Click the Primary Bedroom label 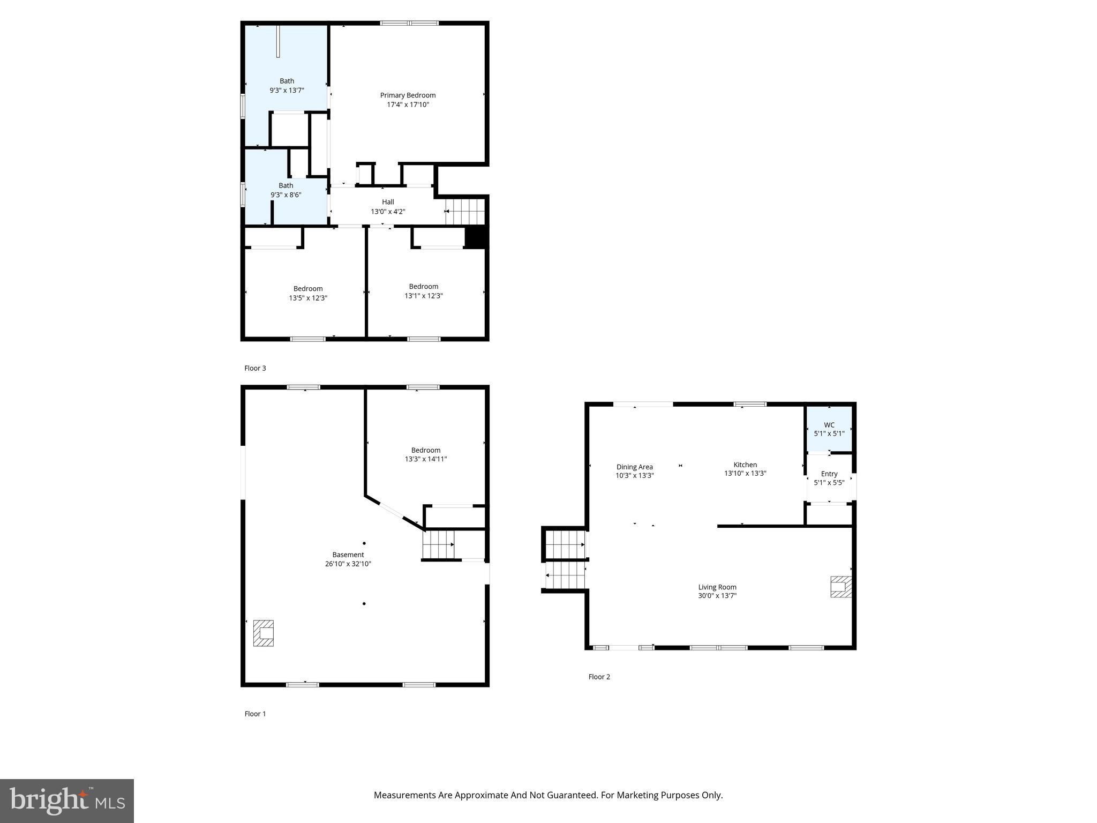point(408,95)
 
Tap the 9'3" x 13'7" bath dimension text point(287,91)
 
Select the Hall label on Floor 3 point(388,202)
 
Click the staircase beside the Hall point(465,211)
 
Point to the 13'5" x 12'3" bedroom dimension point(308,298)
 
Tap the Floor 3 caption point(255,368)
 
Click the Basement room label point(348,555)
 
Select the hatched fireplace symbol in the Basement point(263,633)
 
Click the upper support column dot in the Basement point(364,543)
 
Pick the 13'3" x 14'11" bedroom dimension point(426,459)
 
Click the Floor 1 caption point(255,714)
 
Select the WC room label point(829,425)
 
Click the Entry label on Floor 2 point(829,474)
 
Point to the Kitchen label point(745,465)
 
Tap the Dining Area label point(634,467)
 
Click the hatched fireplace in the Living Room point(840,586)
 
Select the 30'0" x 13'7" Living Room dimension point(717,595)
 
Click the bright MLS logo point(66,800)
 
